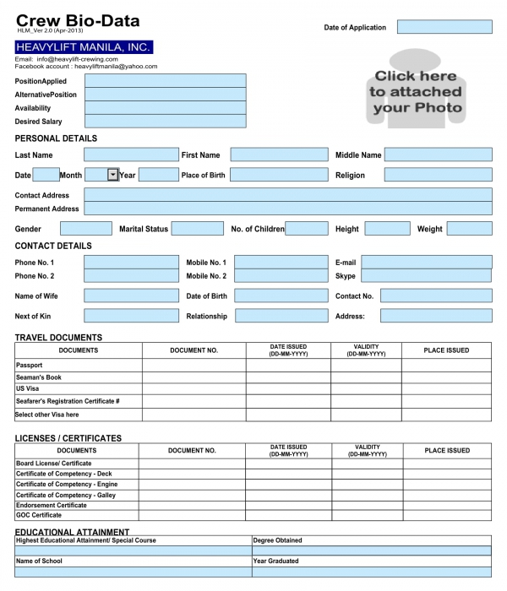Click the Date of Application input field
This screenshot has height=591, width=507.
tap(444, 27)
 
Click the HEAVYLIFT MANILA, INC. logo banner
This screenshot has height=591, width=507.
tap(84, 47)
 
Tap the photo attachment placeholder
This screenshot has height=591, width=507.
tap(416, 92)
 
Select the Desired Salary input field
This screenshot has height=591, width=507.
tap(166, 122)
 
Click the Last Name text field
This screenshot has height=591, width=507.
tap(131, 155)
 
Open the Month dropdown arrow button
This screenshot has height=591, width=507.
tap(113, 175)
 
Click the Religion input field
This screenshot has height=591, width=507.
tap(438, 175)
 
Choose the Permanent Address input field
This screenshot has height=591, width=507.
tap(288, 209)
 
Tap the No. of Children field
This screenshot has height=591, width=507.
tap(307, 229)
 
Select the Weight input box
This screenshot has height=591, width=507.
tap(469, 229)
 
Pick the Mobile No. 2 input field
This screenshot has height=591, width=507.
tap(281, 276)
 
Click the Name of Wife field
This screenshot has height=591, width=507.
tap(131, 296)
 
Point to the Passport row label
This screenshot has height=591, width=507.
tap(29, 366)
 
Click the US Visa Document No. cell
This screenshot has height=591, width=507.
tap(194, 389)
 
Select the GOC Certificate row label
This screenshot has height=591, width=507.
tap(39, 515)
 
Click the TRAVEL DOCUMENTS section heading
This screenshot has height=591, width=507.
tap(58, 338)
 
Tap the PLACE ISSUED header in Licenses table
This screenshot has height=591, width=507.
tap(447, 451)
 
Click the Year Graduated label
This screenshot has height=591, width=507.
tap(275, 561)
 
